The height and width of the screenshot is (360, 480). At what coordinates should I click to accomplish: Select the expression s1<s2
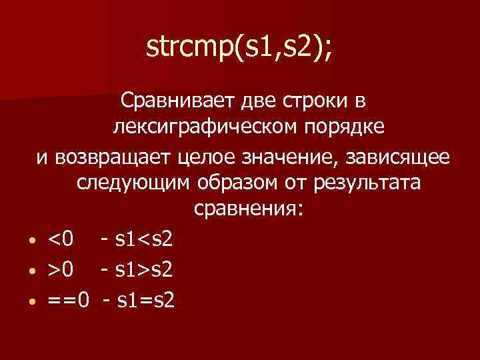pos(144,238)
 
